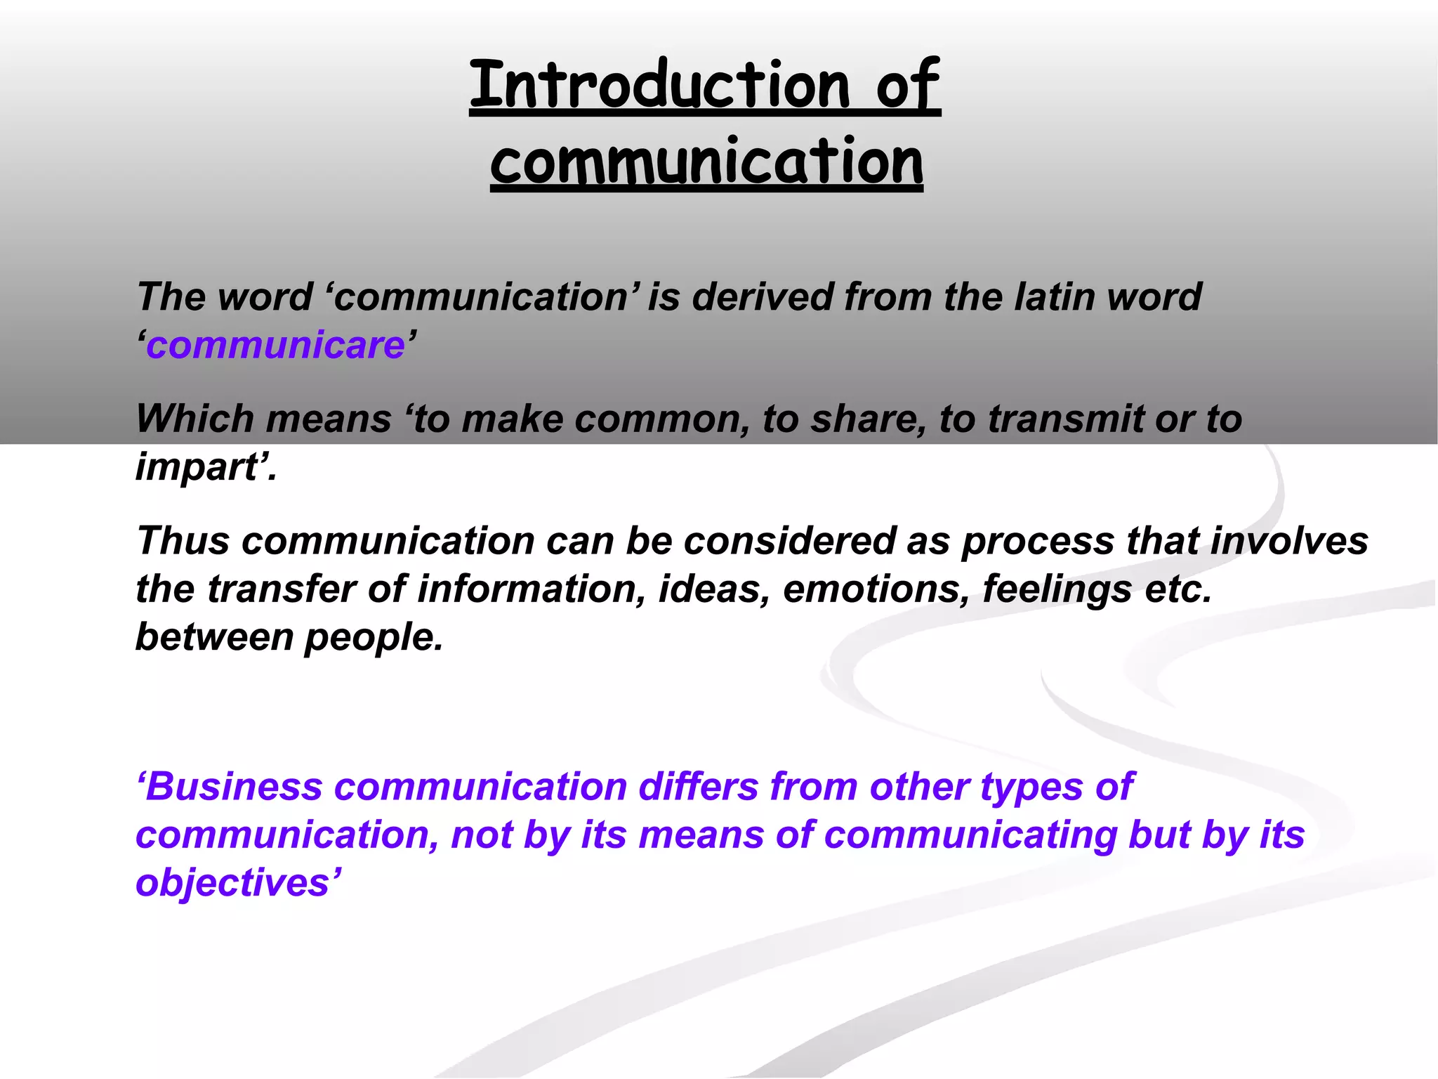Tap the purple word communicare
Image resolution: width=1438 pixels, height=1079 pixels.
(276, 346)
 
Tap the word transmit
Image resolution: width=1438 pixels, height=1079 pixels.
(1067, 419)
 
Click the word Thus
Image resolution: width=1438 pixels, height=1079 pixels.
(183, 541)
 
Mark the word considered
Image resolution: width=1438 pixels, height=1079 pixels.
(790, 541)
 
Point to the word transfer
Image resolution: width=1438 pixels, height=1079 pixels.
(281, 589)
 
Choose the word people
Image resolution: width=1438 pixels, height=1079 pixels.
(374, 638)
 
